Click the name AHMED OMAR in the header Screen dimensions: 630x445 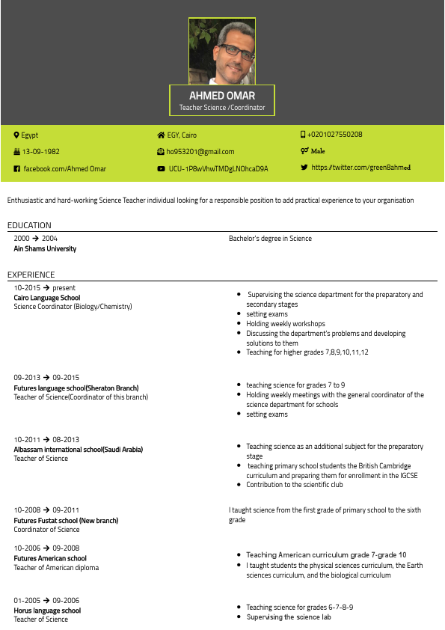tap(222, 96)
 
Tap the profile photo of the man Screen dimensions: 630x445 tap(222, 51)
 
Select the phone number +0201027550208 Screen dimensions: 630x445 tap(334, 135)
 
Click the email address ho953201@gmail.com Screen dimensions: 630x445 tap(200, 152)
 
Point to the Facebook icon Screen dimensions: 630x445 tap(17, 169)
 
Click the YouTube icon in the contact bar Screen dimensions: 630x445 tap(161, 169)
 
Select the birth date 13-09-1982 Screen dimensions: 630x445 tap(40, 152)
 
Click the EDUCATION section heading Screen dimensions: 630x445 tap(29, 225)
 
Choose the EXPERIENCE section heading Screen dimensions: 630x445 tap(31, 275)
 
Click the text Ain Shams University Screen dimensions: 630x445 tap(45, 248)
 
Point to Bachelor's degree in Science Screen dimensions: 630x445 tap(270, 239)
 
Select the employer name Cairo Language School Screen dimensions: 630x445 tap(46, 297)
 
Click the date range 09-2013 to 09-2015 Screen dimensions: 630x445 tap(46, 378)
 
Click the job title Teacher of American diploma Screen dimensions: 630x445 tap(55, 568)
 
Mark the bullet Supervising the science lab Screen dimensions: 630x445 tap(288, 617)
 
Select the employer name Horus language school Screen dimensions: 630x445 tap(47, 611)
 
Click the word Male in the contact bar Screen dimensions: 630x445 tap(318, 151)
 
